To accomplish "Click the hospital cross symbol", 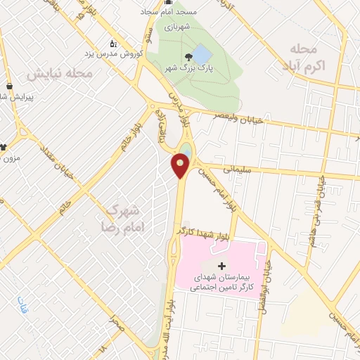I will [x=222, y=266].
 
